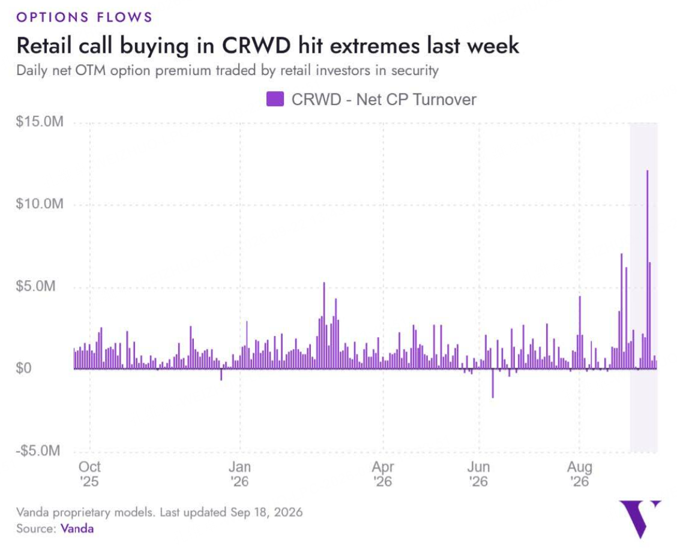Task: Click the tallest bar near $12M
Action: (647, 270)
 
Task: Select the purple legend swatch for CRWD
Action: (275, 99)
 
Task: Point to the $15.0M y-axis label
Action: (40, 122)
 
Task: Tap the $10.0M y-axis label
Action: (40, 203)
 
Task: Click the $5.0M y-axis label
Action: (36, 286)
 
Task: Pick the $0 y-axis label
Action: (24, 368)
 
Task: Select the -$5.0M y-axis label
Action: (38, 451)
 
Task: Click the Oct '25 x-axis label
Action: (89, 474)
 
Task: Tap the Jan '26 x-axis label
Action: (239, 474)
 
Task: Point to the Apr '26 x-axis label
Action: (383, 474)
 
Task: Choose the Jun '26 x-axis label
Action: (478, 474)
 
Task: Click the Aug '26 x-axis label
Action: (579, 474)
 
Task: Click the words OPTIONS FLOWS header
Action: (85, 17)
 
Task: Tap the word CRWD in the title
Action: (256, 46)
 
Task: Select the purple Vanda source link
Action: (77, 528)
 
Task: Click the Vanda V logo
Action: (638, 518)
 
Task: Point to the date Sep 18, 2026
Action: (266, 512)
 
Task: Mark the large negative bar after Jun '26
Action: (493, 383)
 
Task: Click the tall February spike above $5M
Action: (324, 326)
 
